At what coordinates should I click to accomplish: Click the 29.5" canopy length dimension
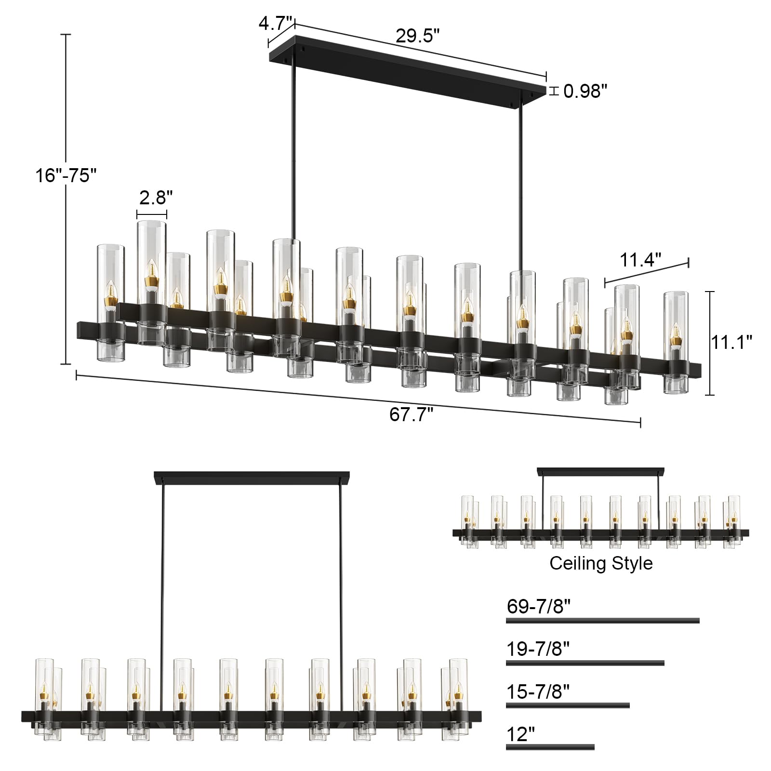click(418, 36)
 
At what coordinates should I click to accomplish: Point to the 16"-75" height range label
click(63, 175)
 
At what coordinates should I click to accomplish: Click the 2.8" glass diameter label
click(156, 197)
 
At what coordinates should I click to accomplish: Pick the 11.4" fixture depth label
click(641, 260)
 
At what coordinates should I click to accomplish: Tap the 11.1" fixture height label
click(732, 342)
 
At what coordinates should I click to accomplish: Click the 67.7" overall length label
click(412, 414)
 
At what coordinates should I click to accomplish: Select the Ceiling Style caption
click(601, 563)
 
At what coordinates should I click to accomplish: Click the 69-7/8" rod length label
click(538, 606)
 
